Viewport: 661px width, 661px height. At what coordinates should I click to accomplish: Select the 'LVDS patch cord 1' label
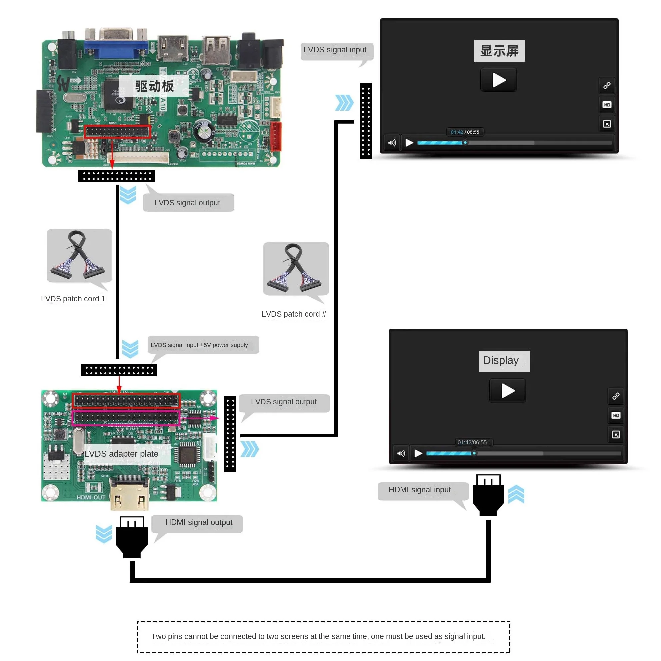point(73,299)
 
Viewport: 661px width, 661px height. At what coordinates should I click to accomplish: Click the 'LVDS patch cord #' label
point(294,314)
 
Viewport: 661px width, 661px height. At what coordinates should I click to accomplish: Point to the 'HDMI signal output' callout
point(198,523)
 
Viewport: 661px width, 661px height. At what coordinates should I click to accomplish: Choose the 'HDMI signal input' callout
point(419,490)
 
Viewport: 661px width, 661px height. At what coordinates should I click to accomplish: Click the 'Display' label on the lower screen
point(501,360)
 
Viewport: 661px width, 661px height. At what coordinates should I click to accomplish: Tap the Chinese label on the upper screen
point(499,51)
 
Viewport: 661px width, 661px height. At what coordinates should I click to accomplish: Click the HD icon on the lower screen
point(616,415)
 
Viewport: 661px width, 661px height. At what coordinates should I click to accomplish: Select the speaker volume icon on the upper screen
point(392,143)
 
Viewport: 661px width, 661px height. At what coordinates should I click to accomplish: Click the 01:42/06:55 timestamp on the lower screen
point(472,442)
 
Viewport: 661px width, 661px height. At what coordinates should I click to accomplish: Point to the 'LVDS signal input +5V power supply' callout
point(199,345)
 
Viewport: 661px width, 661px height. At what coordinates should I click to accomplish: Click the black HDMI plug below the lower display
point(488,496)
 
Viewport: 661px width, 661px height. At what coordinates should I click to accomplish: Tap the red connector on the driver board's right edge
point(276,136)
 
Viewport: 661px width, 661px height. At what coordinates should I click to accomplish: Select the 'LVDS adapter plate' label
point(121,454)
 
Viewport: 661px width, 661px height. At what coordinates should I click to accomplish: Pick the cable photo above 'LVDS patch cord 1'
point(79,255)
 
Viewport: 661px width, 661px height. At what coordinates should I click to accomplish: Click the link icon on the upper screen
point(607,85)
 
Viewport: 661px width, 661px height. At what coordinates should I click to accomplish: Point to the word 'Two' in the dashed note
point(158,636)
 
